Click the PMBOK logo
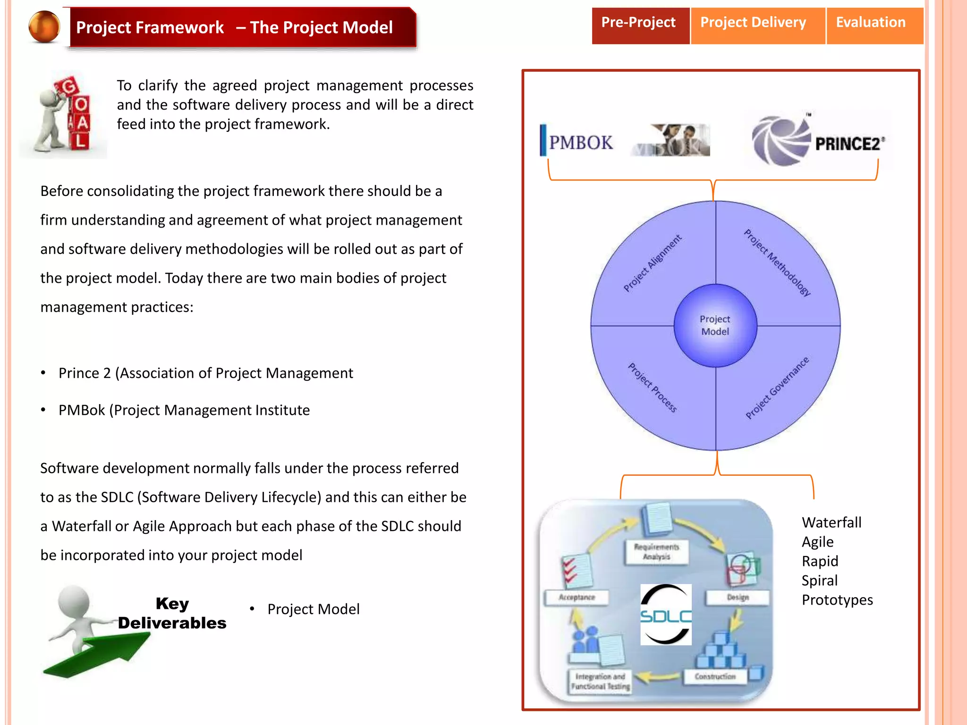[578, 142]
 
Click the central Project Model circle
[715, 326]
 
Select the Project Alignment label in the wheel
[652, 263]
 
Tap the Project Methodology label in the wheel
[777, 262]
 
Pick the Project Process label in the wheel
[652, 388]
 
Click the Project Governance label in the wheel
[777, 388]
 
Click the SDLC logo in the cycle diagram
[666, 615]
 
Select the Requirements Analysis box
[656, 552]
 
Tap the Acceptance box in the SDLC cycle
[577, 598]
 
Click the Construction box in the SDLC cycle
[715, 677]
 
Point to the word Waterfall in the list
[831, 523]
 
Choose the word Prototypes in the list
[837, 600]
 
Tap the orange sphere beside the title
[44, 26]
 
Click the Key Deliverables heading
[172, 613]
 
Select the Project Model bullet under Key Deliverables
[313, 609]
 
